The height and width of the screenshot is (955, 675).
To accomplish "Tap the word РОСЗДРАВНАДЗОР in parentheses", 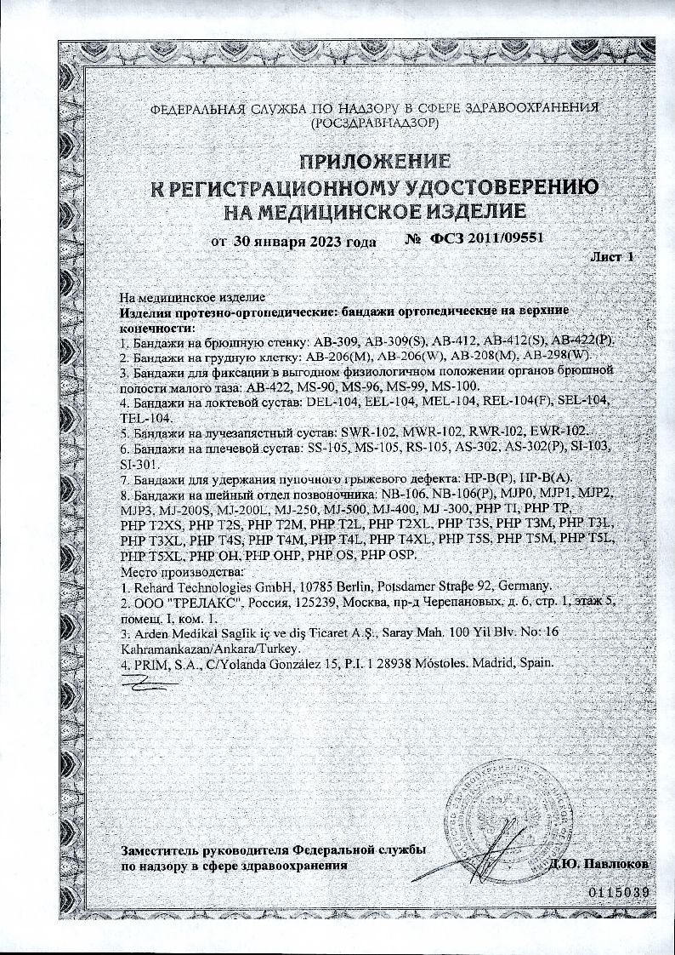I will point(374,123).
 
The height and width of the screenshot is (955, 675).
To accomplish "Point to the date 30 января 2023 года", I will point(303,241).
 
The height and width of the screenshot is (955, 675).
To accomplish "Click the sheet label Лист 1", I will point(611,256).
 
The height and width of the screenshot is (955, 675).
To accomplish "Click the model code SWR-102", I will point(367,432).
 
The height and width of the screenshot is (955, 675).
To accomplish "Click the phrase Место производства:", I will point(183,571).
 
